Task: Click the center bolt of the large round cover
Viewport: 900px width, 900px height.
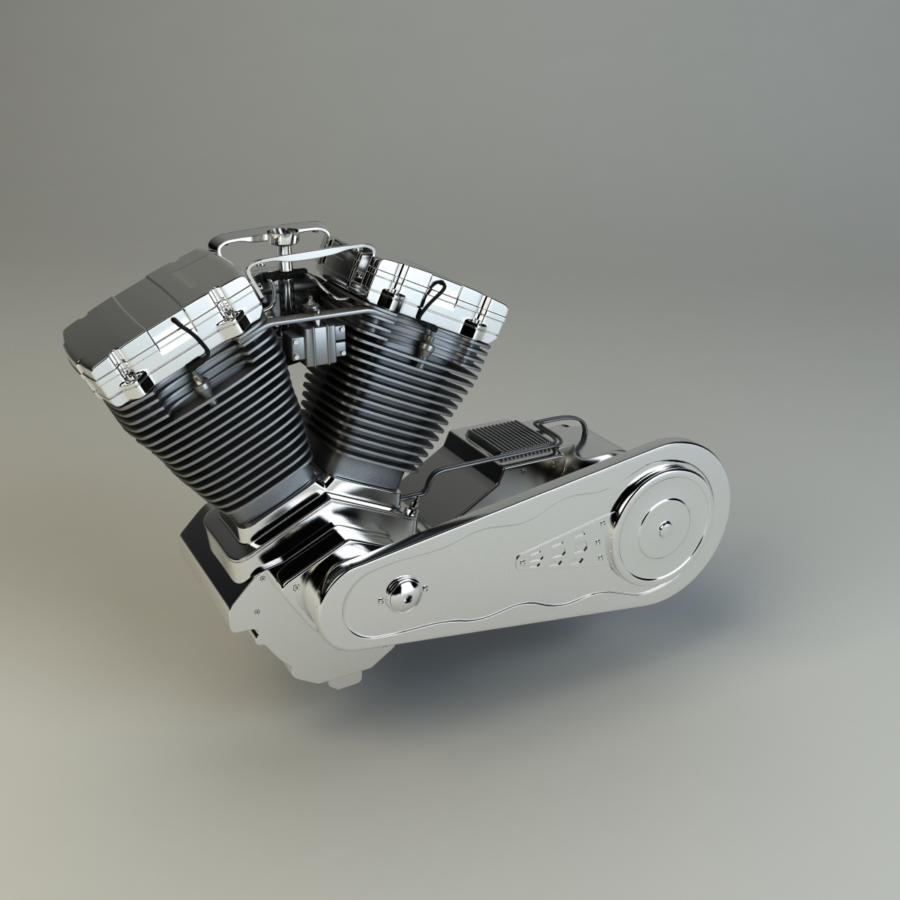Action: [663, 529]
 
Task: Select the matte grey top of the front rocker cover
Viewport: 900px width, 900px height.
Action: [142, 300]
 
